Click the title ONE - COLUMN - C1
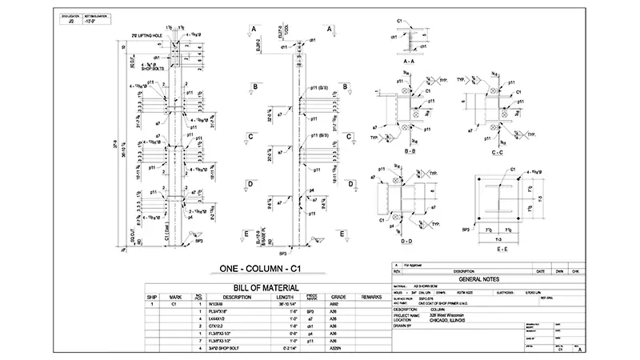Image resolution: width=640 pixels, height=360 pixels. pos(262,269)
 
